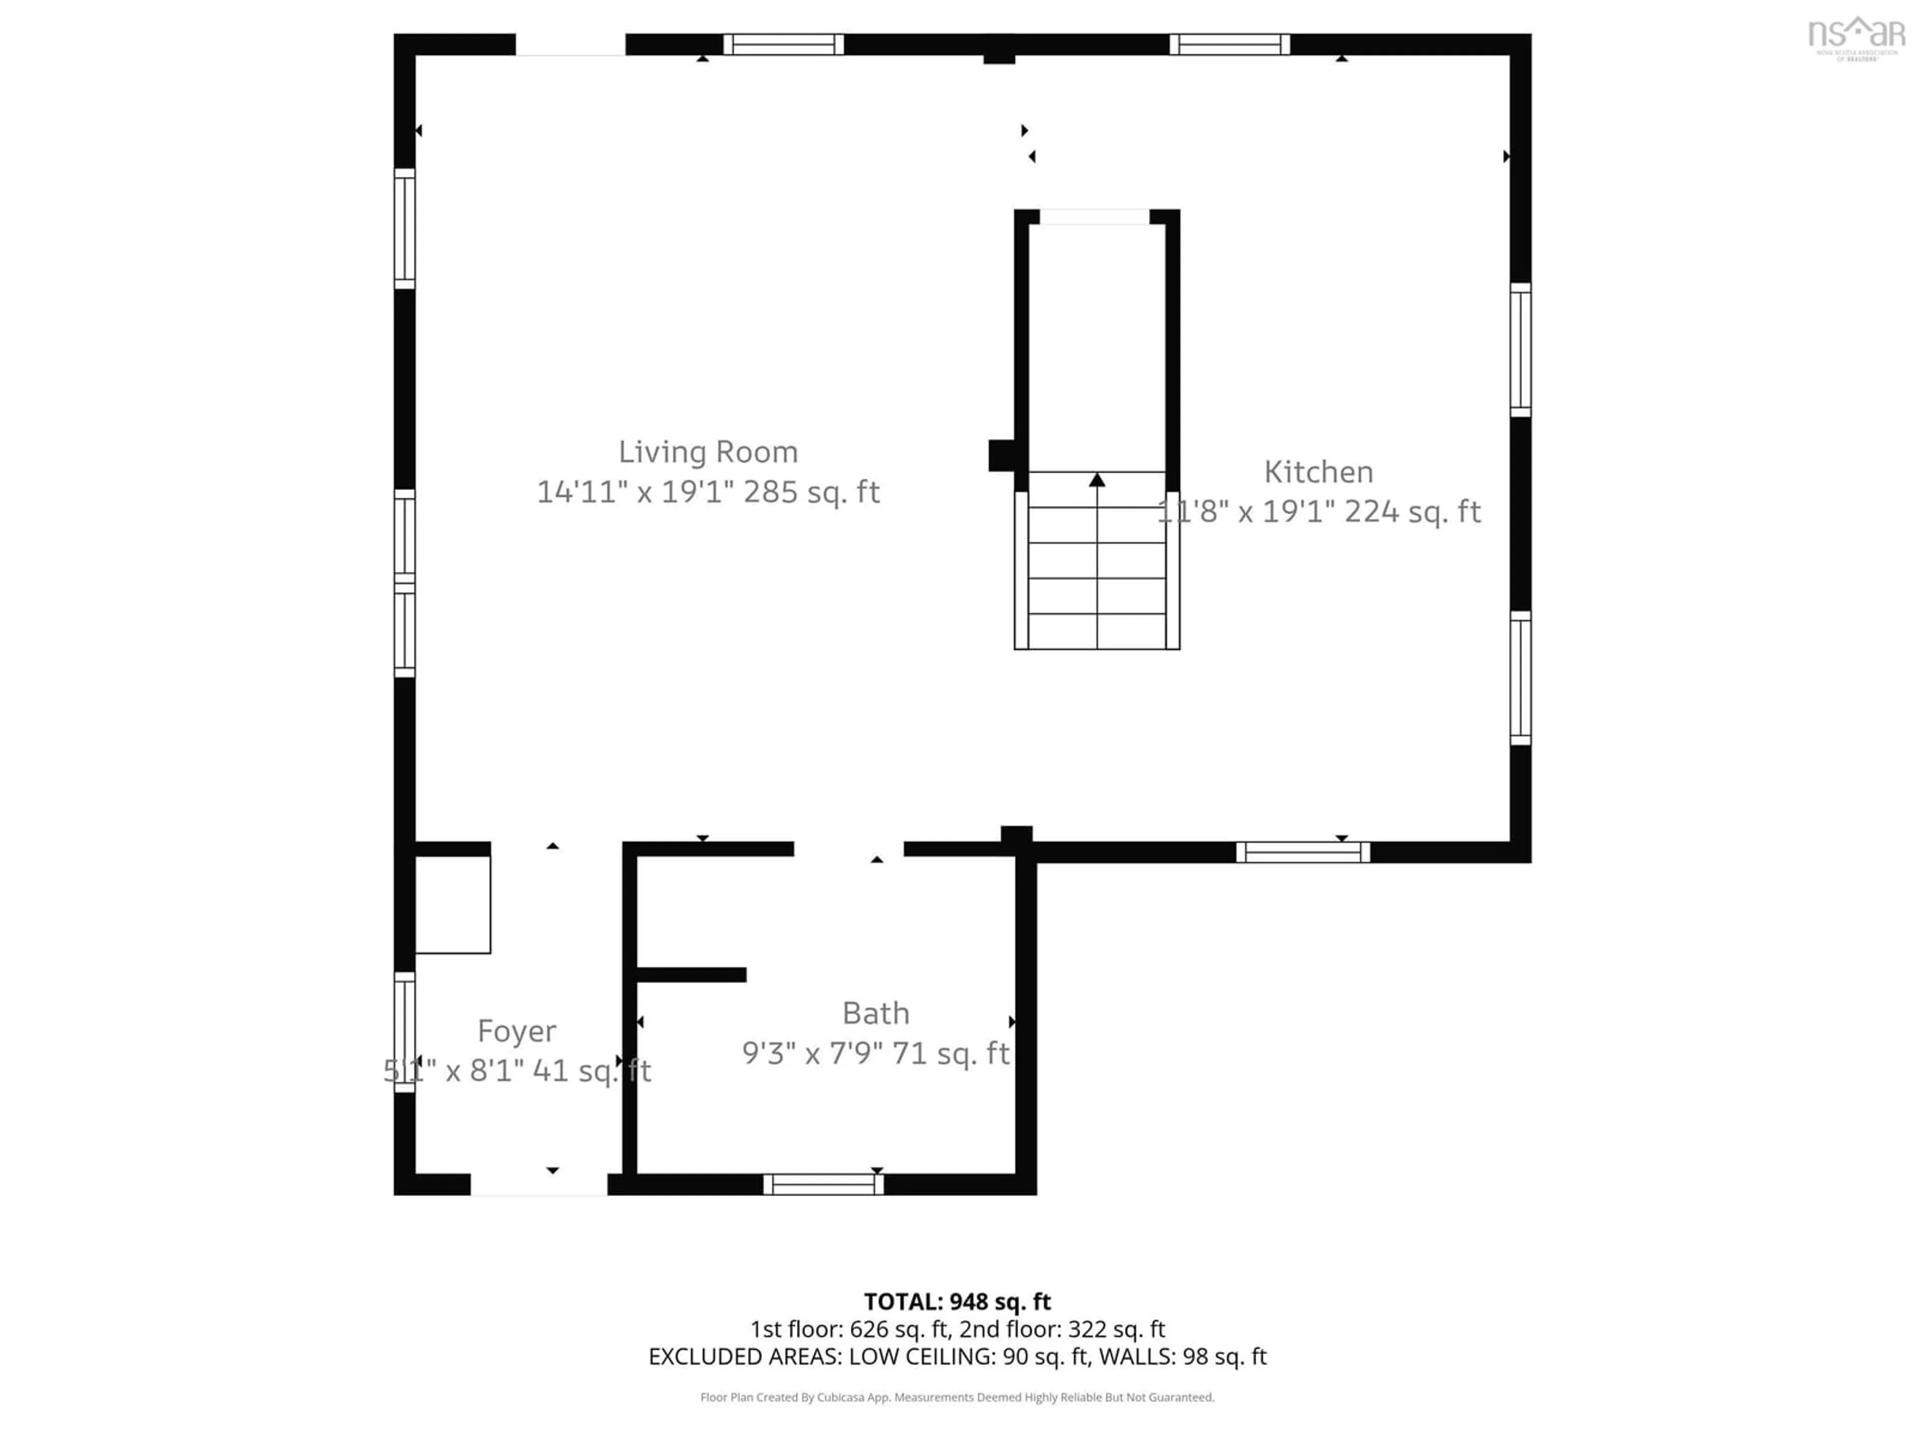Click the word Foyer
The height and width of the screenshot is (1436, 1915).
pyautogui.click(x=517, y=1031)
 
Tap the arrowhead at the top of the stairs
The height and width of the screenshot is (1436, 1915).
pyautogui.click(x=1097, y=480)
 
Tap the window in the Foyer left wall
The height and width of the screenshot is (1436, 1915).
pyautogui.click(x=404, y=1032)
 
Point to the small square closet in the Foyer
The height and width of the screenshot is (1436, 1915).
pyautogui.click(x=453, y=904)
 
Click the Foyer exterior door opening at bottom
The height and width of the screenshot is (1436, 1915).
pyautogui.click(x=539, y=1184)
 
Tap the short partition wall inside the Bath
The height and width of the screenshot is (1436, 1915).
pyautogui.click(x=691, y=975)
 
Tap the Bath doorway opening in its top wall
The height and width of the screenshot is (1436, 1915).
pyautogui.click(x=848, y=849)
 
